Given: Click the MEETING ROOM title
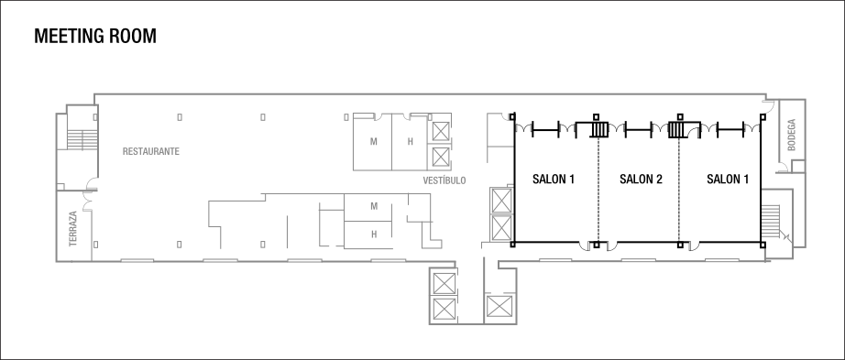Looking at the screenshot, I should click(x=94, y=37).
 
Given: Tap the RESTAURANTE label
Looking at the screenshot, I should click(x=150, y=150).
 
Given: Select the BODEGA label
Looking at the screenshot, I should click(x=791, y=135).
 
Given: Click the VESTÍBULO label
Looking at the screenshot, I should click(x=444, y=180).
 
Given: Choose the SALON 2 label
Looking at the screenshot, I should click(x=641, y=180).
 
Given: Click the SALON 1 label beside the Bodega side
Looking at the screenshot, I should click(x=728, y=180).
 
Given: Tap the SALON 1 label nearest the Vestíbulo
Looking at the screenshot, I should click(x=553, y=180).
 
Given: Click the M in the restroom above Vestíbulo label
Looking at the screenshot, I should click(x=374, y=142).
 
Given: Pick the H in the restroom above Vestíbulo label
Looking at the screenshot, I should click(x=412, y=142).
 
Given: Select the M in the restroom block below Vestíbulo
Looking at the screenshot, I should click(x=374, y=205).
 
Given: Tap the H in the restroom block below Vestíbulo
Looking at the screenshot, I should click(x=374, y=234).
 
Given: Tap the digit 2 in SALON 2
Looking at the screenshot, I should click(x=658, y=180).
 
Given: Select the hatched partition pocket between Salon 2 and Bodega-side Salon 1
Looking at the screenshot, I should click(x=679, y=129).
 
